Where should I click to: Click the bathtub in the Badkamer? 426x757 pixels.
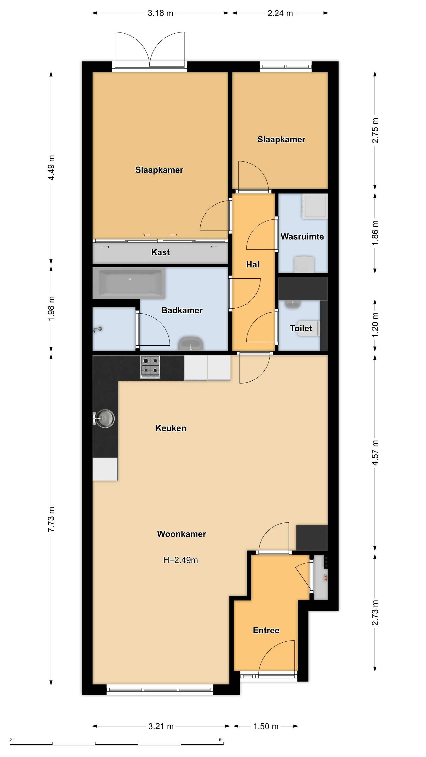coord(129,283)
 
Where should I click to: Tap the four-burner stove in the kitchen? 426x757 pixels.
coord(150,367)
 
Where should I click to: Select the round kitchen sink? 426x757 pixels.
coord(104,418)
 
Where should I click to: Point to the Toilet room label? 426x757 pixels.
coord(301,328)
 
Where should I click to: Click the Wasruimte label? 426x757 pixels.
coord(302,237)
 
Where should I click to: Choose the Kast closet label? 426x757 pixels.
coord(160,252)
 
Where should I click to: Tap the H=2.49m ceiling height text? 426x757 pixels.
coord(180,560)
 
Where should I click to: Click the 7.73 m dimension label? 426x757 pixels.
coord(52,519)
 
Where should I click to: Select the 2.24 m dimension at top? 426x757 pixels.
coord(280,13)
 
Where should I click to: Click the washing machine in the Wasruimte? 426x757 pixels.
coord(315,206)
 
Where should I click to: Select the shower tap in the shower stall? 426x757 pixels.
coord(97,329)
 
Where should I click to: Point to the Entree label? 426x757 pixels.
coord(266,630)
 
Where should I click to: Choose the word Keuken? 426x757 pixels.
coord(171,428)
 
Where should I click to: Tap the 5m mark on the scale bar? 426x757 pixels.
coord(221,740)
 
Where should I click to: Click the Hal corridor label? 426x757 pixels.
coord(253,264)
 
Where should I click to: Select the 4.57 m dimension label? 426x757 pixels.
coord(375,453)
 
